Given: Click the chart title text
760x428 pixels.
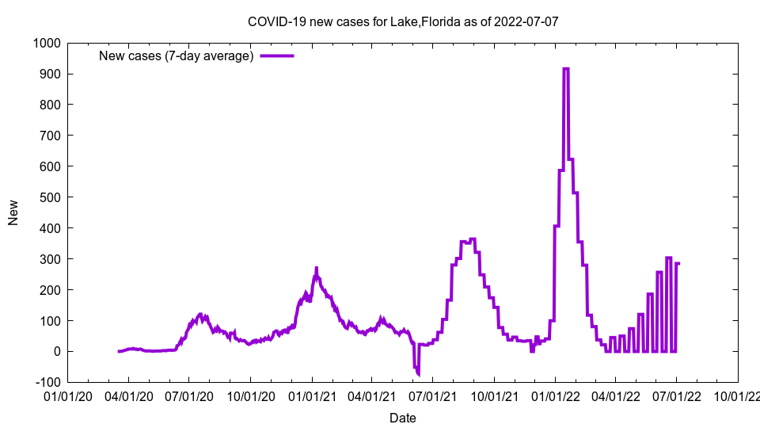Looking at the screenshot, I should [x=403, y=21].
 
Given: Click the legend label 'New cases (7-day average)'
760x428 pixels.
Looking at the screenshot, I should [x=176, y=55].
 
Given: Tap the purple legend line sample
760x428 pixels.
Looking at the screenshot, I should [x=277, y=55].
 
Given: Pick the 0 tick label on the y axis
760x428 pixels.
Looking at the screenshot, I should [x=57, y=351].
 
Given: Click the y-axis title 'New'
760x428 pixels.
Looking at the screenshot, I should [x=13, y=212].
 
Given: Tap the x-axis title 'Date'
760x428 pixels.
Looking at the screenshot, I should [x=402, y=418].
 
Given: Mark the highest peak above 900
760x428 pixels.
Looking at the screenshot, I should [x=565, y=69].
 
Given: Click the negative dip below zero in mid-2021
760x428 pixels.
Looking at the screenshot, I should [x=418, y=373].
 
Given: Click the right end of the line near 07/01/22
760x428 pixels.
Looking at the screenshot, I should [x=678, y=263].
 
